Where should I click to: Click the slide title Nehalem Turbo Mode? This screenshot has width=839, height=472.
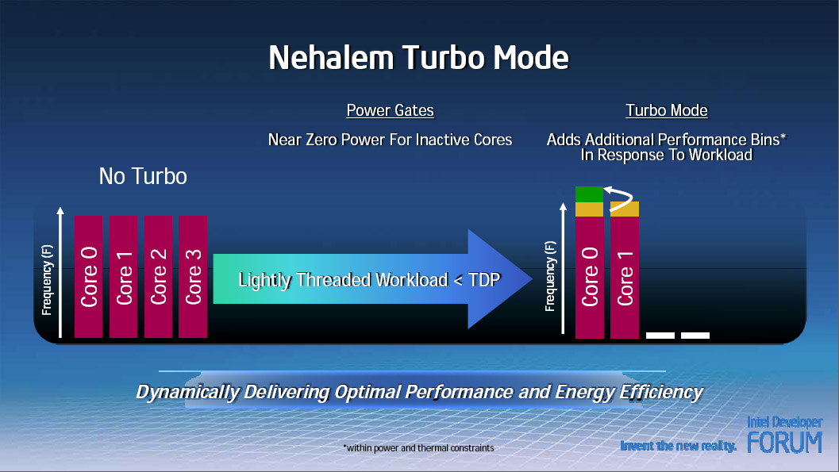point(418,57)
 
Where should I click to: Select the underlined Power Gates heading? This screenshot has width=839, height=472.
point(390,110)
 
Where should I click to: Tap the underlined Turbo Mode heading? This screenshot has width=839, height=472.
point(667,110)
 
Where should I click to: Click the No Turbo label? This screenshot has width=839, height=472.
point(143,176)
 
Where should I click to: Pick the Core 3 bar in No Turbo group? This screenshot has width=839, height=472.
point(193,277)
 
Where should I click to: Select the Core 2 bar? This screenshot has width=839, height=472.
point(159,277)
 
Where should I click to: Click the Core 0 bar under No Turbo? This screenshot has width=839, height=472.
point(88,277)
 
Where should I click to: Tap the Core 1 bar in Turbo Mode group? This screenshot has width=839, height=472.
point(625,278)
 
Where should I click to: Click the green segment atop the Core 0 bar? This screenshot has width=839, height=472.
point(589,194)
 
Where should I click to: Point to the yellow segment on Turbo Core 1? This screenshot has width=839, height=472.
point(625,209)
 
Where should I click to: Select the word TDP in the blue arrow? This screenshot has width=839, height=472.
point(483,279)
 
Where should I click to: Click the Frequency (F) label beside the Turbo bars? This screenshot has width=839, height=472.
point(549,276)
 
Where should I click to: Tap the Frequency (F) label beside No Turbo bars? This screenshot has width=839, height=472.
point(47,279)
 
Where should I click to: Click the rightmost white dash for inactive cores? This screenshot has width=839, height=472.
point(695,336)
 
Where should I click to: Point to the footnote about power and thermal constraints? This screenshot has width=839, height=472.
point(418,448)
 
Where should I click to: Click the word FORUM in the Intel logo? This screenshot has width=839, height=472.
point(784,442)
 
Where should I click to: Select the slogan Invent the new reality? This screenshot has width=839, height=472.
point(678,446)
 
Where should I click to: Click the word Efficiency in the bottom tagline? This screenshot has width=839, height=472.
point(661,392)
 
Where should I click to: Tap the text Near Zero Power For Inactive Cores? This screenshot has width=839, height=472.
point(390,140)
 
